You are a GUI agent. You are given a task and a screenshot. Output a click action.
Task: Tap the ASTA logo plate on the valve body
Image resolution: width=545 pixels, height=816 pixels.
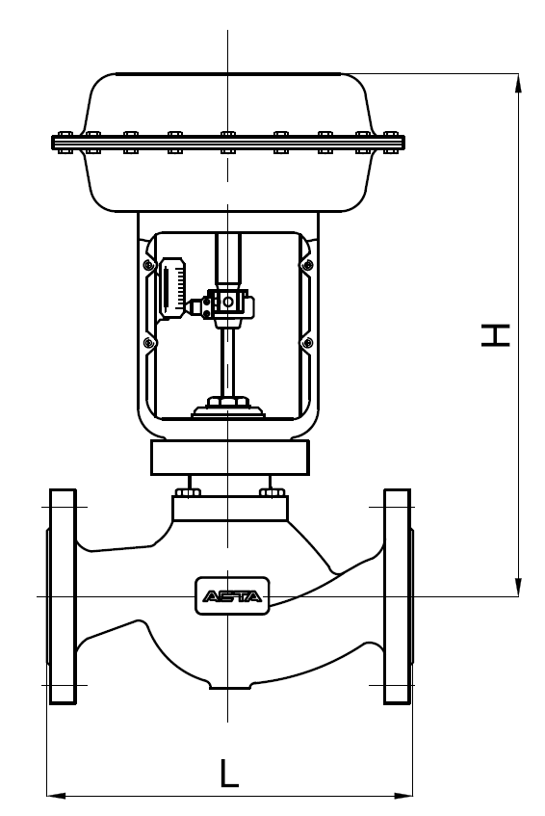[233, 596]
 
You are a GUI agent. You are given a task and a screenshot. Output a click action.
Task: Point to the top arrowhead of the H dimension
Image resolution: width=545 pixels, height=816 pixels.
[520, 81]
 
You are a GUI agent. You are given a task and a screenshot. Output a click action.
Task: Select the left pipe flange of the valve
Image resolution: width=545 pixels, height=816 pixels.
[62, 596]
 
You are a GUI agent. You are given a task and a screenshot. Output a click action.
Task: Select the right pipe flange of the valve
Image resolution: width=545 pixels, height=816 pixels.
[398, 596]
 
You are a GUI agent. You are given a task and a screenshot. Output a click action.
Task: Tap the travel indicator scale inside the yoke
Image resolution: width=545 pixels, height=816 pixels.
[173, 286]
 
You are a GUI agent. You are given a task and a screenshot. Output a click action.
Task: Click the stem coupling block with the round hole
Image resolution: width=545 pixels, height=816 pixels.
[229, 303]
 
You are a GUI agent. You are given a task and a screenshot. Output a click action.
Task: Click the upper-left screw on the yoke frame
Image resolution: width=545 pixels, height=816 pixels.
[147, 264]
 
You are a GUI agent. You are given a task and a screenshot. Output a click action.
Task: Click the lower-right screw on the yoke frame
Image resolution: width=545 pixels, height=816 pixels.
[307, 343]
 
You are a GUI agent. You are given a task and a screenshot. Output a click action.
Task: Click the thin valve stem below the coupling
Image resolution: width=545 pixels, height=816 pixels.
[228, 356]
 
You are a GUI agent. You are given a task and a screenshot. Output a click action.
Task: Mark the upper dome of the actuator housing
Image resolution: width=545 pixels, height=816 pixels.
[228, 101]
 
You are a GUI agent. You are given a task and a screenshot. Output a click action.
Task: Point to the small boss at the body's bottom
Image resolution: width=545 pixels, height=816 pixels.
[228, 685]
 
